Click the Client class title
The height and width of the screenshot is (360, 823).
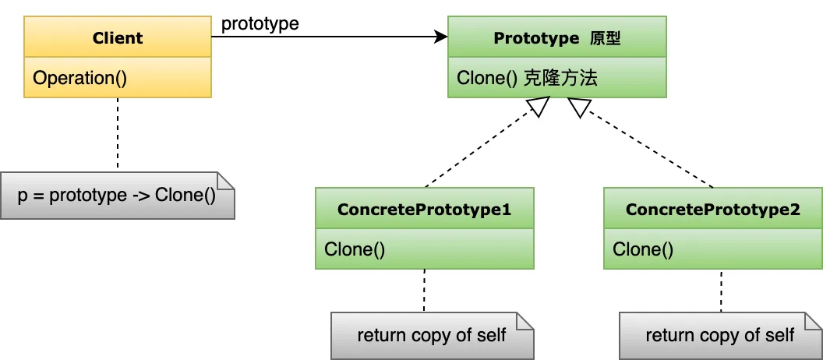point(117,38)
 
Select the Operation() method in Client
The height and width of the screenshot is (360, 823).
point(79,78)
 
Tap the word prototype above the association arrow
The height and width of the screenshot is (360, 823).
point(260,23)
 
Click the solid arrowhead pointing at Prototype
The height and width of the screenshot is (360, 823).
point(441,37)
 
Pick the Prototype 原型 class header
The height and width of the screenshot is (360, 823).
point(556,38)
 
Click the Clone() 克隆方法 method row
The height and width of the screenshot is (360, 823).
point(527,78)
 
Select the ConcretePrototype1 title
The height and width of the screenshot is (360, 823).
point(424,210)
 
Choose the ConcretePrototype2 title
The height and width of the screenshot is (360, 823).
point(712,210)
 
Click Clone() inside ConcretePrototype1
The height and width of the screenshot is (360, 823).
point(355,249)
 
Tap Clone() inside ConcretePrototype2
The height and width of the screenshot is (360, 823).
point(643,249)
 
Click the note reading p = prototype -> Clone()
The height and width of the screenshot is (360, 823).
point(117,195)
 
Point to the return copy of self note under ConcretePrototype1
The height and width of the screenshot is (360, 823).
point(432,336)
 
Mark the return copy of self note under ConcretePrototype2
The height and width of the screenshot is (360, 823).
point(720,336)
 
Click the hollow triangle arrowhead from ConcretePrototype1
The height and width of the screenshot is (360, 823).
point(541,108)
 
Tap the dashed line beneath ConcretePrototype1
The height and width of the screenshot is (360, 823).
point(425,290)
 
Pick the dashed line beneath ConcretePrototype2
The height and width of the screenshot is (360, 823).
point(721,290)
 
